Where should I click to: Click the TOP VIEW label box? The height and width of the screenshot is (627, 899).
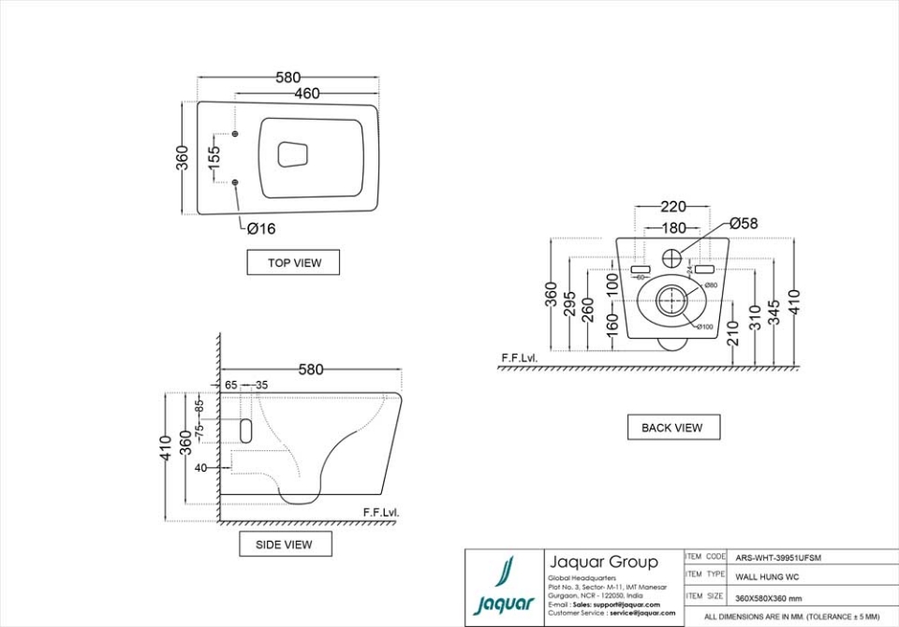point(293,263)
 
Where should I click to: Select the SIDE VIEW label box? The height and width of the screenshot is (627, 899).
point(283,544)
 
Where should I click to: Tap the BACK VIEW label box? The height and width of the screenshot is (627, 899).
point(672,428)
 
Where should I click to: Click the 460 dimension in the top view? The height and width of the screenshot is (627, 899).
point(307,93)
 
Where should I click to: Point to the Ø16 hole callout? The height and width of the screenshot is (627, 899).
point(261,227)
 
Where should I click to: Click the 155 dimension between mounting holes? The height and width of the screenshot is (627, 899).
point(214,156)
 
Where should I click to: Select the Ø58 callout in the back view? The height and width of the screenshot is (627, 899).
point(744,223)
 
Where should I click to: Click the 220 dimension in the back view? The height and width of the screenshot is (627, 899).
point(673,207)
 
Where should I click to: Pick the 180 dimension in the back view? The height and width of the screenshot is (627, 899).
point(672,227)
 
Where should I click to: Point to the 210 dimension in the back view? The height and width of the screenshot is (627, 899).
point(734,334)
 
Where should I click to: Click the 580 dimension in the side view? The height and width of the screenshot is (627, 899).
point(311,370)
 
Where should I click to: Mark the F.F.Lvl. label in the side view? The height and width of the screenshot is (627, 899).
point(381,513)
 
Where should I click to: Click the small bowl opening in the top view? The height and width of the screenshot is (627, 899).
point(294,153)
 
